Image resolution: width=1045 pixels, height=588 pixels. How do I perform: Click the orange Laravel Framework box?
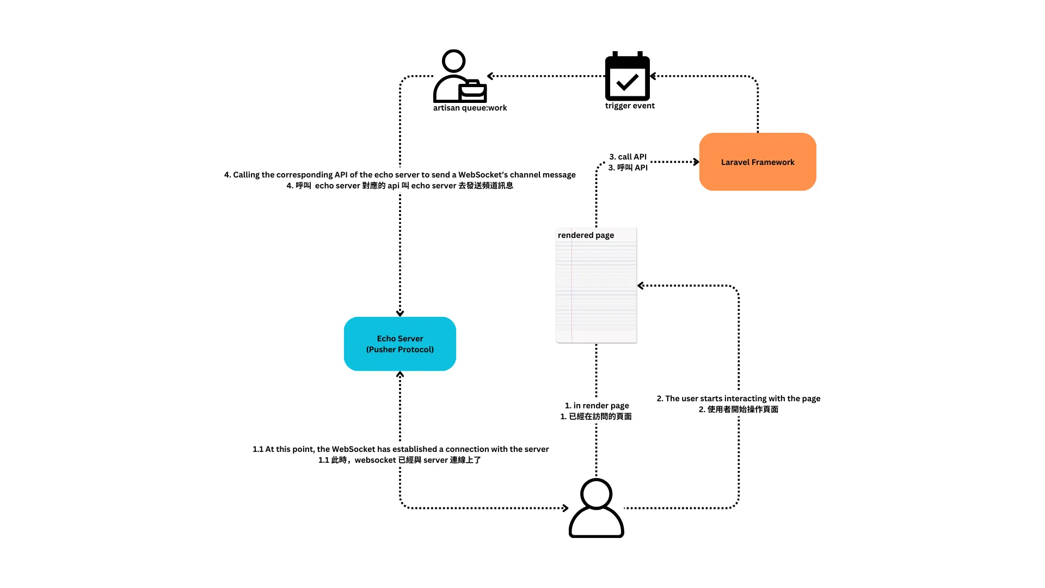pyautogui.click(x=757, y=162)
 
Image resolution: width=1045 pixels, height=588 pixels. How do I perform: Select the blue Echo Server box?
pyautogui.click(x=399, y=344)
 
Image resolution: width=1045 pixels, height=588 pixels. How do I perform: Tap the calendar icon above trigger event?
pyautogui.click(x=628, y=77)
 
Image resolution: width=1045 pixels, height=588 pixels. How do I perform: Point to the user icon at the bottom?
pyautogui.click(x=596, y=508)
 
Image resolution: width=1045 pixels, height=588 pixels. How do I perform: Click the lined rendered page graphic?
pyautogui.click(x=596, y=289)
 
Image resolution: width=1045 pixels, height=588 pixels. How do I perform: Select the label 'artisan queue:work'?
pyautogui.click(x=470, y=108)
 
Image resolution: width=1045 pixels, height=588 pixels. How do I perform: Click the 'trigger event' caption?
pyautogui.click(x=630, y=106)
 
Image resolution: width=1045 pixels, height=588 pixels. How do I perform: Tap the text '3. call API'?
pyautogui.click(x=628, y=157)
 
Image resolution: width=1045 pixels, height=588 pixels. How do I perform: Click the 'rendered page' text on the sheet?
pyautogui.click(x=586, y=235)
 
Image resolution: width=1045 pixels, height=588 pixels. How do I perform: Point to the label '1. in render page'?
pyautogui.click(x=597, y=406)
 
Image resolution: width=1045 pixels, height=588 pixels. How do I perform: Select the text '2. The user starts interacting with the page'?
pyautogui.click(x=738, y=399)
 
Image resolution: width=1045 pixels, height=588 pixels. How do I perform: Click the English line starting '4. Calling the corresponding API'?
pyautogui.click(x=399, y=175)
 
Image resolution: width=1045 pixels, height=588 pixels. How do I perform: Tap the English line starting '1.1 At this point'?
pyautogui.click(x=400, y=449)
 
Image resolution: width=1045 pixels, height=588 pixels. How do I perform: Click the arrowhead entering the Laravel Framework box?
pyautogui.click(x=696, y=162)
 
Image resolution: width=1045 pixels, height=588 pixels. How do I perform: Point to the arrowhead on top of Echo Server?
pyautogui.click(x=400, y=313)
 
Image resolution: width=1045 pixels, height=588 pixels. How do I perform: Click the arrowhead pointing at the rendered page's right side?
pyautogui.click(x=641, y=285)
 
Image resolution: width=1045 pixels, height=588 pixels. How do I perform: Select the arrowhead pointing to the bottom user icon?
pyautogui.click(x=565, y=508)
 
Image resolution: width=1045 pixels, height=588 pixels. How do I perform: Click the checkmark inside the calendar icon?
pyautogui.click(x=628, y=82)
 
